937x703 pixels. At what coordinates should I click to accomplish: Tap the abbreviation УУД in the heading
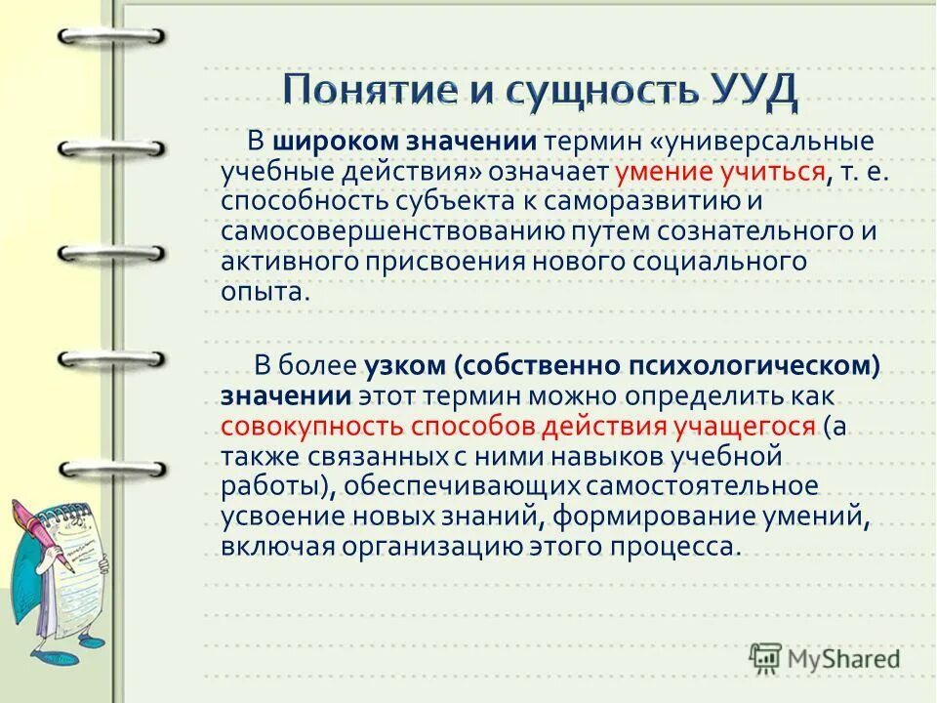749,91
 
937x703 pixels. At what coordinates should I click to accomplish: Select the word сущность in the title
600,91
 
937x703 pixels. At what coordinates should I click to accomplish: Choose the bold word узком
405,366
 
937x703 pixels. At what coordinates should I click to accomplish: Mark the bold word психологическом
761,366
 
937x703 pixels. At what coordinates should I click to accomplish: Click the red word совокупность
310,427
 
